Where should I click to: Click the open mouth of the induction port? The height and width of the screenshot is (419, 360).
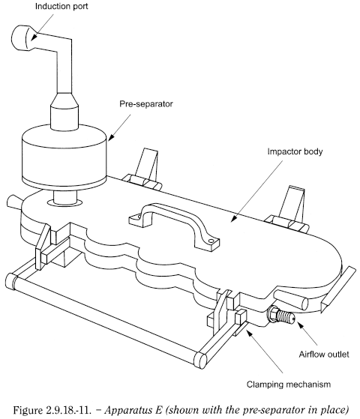(x=16, y=38)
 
